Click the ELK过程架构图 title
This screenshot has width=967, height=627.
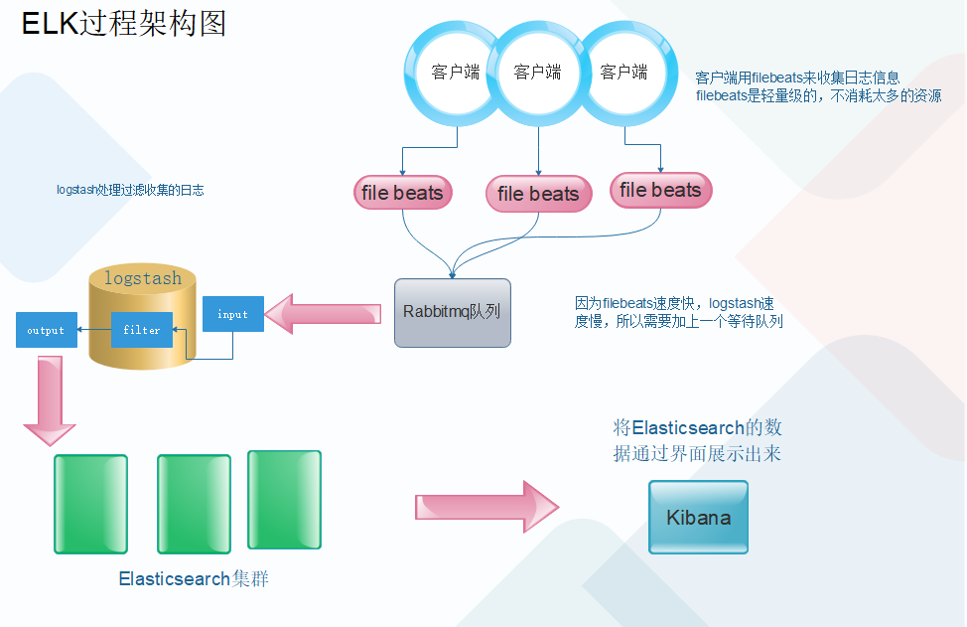(124, 23)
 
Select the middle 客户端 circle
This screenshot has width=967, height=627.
(537, 73)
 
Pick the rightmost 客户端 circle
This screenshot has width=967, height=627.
(623, 73)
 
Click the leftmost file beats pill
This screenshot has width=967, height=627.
(402, 193)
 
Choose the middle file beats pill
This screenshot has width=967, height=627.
(537, 194)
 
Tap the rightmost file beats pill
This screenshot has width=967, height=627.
(660, 190)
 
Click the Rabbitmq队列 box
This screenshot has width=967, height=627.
(452, 312)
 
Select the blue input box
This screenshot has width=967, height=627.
(233, 314)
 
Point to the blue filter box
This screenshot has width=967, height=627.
(142, 330)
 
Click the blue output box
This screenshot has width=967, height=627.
(46, 330)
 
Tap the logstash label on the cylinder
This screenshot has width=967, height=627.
(143, 279)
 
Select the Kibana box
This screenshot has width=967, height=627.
(698, 518)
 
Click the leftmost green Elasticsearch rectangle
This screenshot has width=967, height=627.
(90, 504)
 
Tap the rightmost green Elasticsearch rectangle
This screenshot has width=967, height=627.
(284, 499)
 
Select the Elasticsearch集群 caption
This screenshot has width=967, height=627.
(194, 578)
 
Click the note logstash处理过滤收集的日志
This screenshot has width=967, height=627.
(130, 190)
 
